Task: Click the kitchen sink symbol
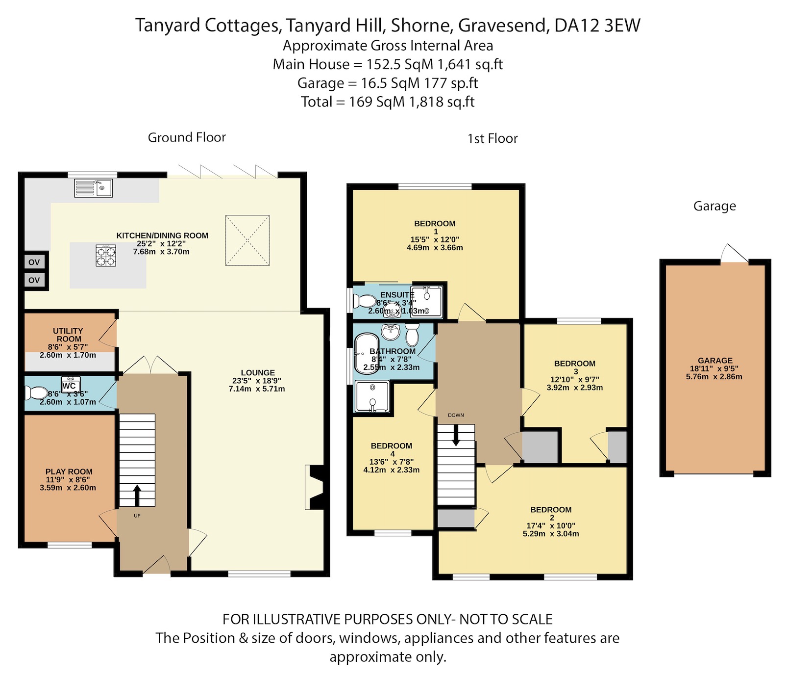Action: point(93,188)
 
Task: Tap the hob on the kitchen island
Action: point(106,256)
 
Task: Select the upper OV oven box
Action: point(34,262)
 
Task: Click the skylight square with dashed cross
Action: point(247,240)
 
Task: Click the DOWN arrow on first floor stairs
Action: point(456,436)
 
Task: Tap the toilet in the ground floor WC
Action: point(35,393)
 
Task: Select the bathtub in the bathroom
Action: point(366,352)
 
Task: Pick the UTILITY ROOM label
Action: point(68,335)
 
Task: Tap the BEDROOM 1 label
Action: point(435,227)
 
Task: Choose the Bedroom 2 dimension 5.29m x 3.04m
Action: point(551,534)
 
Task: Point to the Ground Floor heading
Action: point(187,137)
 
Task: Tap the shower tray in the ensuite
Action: point(426,301)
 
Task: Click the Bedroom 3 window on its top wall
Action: point(579,321)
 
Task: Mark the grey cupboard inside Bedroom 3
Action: point(617,446)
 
